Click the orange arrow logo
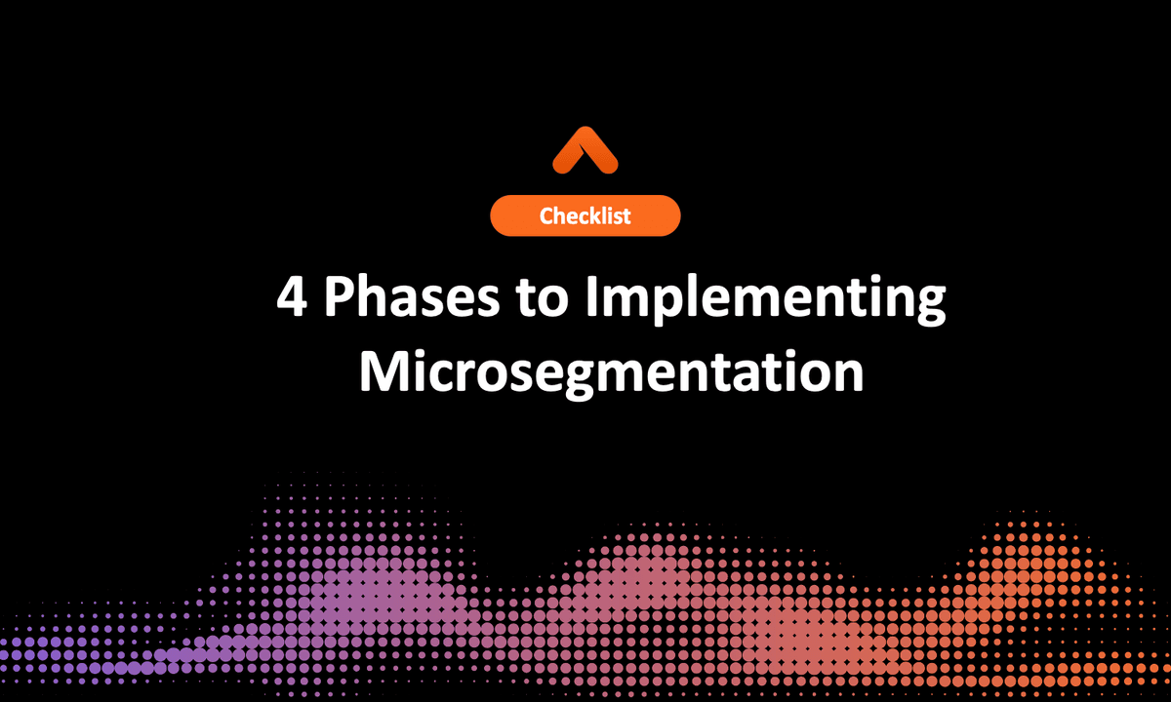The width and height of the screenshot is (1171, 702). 585,150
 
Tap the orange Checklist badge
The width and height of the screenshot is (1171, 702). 585,215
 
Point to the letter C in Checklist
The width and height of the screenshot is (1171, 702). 546,216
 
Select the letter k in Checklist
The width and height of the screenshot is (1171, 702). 597,215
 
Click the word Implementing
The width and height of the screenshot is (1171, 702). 765,302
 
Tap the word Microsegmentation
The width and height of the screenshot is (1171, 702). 611,371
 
